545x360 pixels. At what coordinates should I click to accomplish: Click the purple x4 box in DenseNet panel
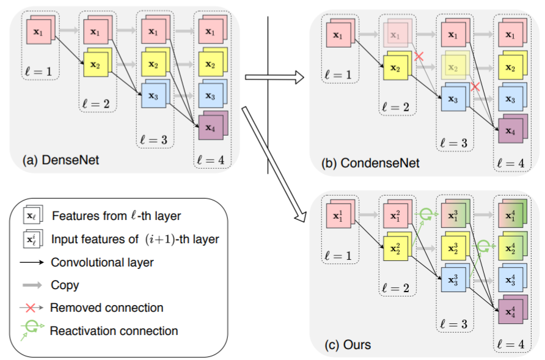pos(213,125)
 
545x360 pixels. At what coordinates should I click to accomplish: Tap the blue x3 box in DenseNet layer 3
pos(155,94)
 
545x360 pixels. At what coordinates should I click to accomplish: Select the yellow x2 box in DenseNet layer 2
pos(98,62)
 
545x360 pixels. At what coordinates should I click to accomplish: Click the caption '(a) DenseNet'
pos(61,160)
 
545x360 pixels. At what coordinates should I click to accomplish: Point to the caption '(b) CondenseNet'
pos(370,163)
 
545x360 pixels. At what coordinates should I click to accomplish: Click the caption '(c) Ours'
pos(348,345)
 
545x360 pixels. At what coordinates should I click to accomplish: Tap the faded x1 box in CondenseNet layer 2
pos(397,33)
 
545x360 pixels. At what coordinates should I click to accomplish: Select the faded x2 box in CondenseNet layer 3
pos(455,66)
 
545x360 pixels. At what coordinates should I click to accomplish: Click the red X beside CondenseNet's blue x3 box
pos(475,87)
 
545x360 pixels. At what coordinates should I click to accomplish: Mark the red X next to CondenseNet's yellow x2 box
pos(419,56)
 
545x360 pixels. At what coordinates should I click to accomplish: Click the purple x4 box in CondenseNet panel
pos(513,129)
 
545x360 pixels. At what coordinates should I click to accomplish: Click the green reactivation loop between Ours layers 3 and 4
pos(483,246)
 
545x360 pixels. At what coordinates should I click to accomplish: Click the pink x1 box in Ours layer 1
pos(340,214)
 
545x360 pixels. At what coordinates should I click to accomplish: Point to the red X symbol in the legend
pos(31,308)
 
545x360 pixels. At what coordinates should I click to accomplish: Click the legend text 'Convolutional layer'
pos(102,262)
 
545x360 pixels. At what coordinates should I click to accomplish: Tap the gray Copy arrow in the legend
pos(32,285)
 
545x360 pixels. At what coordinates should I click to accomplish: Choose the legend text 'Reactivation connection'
pos(114,331)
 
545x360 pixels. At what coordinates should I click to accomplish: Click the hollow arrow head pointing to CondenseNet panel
pos(299,77)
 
